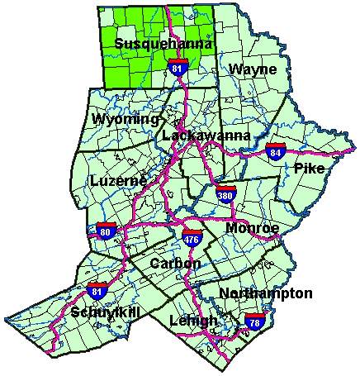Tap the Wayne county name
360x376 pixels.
[x=253, y=69]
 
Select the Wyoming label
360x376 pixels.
[x=126, y=120]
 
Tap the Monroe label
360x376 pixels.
[x=252, y=227]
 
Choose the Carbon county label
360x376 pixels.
[x=175, y=263]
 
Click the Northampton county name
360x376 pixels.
[x=266, y=293]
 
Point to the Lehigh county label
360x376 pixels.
[x=192, y=320]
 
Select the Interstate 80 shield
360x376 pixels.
[x=106, y=229]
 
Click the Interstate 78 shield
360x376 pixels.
[x=254, y=321]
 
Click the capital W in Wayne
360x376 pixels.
[x=236, y=69]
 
